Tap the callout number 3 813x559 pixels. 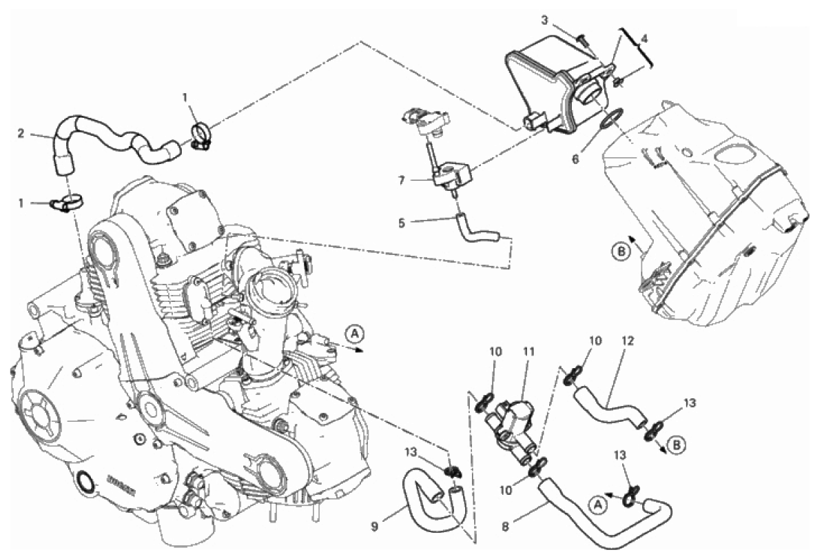click(544, 20)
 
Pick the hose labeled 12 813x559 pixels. click(610, 407)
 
